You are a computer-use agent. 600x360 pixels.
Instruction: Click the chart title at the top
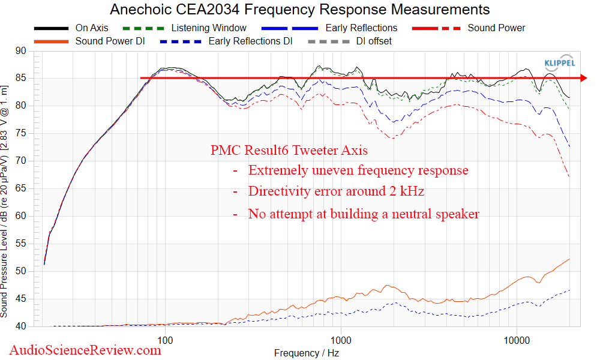300,10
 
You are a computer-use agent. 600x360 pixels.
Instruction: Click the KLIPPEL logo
559,63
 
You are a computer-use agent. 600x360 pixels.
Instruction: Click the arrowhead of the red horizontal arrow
583,78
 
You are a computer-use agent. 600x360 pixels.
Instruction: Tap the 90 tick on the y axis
21,51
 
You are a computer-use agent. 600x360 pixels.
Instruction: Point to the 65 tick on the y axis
21,188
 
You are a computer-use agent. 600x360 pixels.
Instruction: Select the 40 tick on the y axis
21,326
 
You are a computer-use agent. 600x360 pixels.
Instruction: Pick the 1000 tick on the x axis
341,340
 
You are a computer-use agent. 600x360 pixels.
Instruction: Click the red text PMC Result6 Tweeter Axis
289,150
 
